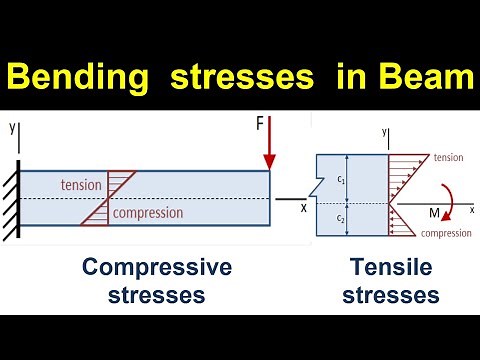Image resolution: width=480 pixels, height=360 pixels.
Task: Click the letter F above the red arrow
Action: pos(261,126)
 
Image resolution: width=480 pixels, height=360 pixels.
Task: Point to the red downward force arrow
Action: pos(269,149)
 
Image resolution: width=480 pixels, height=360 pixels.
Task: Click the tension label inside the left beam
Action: pos(82,185)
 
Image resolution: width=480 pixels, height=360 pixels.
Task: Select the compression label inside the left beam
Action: pos(148,212)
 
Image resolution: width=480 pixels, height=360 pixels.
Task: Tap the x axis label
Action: pos(303,208)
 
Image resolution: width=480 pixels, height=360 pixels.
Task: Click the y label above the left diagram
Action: pos(12,128)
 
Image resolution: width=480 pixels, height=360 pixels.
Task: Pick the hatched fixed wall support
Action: pos(11,200)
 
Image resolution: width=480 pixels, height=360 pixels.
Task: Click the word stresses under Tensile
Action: pos(396,296)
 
